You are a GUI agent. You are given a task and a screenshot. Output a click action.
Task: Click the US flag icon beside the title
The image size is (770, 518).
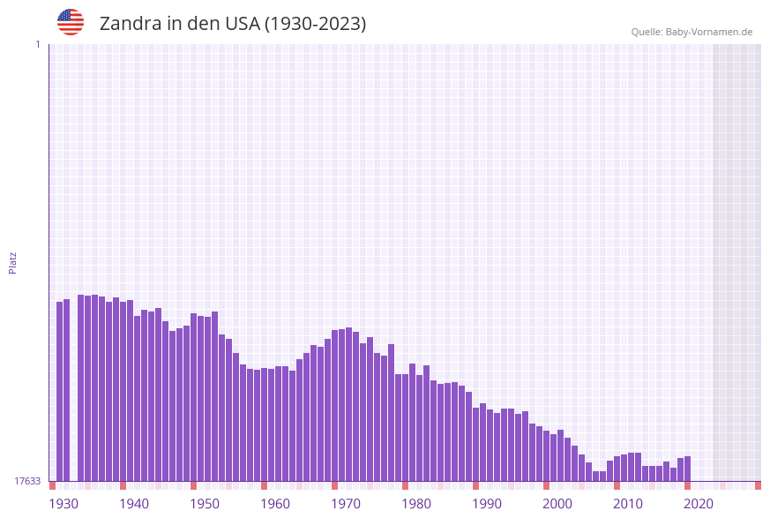[x=71, y=22]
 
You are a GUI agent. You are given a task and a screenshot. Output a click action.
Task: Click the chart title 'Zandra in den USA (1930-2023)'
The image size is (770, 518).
[x=233, y=24]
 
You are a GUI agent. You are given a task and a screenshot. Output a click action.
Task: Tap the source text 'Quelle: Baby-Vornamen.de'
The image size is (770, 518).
[x=692, y=32]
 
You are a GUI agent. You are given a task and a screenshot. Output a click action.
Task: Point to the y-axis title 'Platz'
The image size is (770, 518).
[x=13, y=262]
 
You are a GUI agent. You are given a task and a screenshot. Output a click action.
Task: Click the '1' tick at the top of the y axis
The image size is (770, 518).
[x=37, y=45]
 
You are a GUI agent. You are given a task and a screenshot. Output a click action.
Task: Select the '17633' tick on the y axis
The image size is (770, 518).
[x=27, y=481]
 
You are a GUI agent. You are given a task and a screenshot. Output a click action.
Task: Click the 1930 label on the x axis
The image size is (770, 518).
[x=64, y=504]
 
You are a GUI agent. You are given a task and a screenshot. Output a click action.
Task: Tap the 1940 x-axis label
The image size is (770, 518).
[x=134, y=504]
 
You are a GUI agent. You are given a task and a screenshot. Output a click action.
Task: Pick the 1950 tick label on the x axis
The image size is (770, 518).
[x=205, y=504]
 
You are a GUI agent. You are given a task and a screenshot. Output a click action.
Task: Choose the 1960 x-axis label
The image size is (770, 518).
[x=275, y=504]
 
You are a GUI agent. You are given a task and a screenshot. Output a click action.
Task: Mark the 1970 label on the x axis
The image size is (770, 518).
[x=346, y=504]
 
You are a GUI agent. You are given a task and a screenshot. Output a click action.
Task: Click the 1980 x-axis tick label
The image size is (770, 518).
[x=416, y=504]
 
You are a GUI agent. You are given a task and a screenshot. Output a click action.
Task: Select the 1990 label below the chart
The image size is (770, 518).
[x=487, y=504]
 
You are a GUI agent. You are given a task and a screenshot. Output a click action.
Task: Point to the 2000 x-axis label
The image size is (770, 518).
[x=557, y=504]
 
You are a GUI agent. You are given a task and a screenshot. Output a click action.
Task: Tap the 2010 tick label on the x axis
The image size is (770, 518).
[x=628, y=504]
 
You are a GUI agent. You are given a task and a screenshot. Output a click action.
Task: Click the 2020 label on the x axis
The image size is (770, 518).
[x=699, y=504]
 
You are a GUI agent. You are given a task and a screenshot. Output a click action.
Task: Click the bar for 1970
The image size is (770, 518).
[x=342, y=405]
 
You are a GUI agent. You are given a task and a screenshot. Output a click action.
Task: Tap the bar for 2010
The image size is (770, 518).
[x=624, y=468]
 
